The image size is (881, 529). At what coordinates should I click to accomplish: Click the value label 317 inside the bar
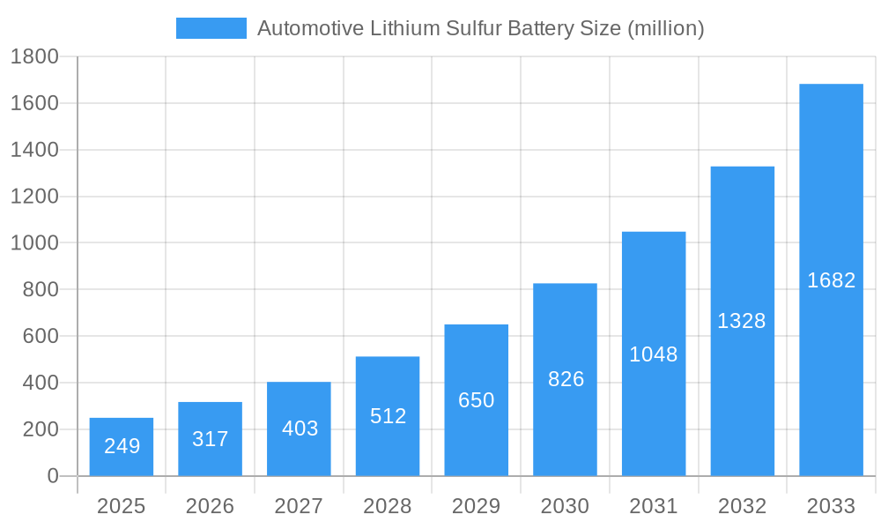[x=210, y=439]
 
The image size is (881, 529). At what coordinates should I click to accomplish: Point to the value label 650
[x=477, y=400]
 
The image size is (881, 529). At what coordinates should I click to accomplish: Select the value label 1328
[x=742, y=321]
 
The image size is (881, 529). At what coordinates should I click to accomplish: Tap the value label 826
[x=566, y=379]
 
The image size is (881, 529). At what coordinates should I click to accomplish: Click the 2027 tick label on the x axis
[x=299, y=507]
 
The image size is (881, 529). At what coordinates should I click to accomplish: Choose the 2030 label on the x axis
[x=565, y=507]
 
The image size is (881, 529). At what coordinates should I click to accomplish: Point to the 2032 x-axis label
[x=742, y=507]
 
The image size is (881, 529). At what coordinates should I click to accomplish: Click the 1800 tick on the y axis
[x=34, y=57]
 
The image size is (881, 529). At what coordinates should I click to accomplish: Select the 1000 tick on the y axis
[x=34, y=243]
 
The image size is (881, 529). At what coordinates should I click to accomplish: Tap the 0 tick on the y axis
[x=52, y=476]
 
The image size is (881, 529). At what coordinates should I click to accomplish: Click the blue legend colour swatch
[x=211, y=28]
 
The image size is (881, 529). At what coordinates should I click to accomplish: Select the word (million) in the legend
[x=665, y=28]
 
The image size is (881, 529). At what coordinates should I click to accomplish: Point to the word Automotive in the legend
[x=310, y=28]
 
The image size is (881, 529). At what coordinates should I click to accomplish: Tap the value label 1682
[x=831, y=280]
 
